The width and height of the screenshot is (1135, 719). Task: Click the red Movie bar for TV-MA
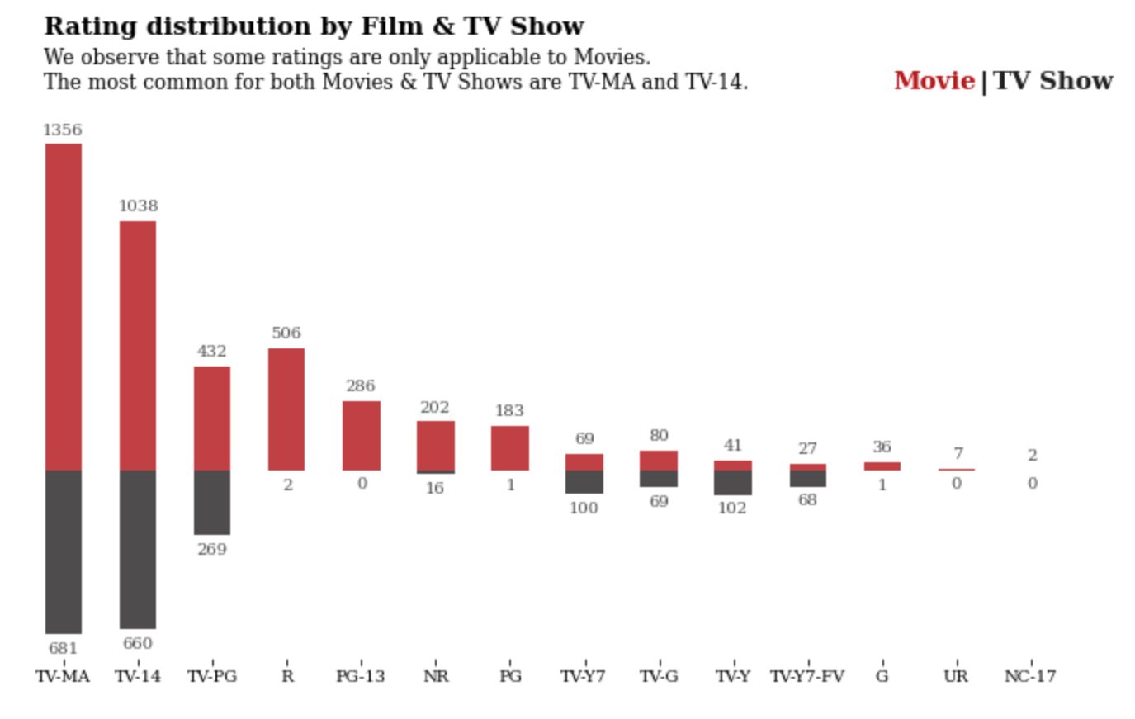pyautogui.click(x=64, y=306)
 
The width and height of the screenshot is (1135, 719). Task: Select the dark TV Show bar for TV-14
pyautogui.click(x=138, y=549)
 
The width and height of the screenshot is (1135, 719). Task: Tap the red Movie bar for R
pyautogui.click(x=286, y=409)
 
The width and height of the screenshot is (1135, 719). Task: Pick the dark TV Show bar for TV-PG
pyautogui.click(x=212, y=502)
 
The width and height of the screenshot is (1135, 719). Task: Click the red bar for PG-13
pyautogui.click(x=361, y=435)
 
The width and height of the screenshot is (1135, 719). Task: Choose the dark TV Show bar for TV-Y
pyautogui.click(x=732, y=482)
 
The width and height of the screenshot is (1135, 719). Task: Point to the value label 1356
pyautogui.click(x=63, y=130)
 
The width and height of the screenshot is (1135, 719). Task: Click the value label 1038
pyautogui.click(x=138, y=206)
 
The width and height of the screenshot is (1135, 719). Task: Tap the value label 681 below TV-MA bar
pyautogui.click(x=63, y=649)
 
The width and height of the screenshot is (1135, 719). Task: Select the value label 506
pyautogui.click(x=286, y=333)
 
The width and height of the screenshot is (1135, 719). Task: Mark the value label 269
pyautogui.click(x=212, y=550)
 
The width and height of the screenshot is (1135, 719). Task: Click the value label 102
pyautogui.click(x=732, y=509)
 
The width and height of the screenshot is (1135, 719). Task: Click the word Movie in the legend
pyautogui.click(x=934, y=81)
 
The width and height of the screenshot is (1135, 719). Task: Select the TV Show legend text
pyautogui.click(x=1052, y=81)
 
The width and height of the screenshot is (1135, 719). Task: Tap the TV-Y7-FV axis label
pyautogui.click(x=807, y=677)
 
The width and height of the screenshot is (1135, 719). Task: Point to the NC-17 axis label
pyautogui.click(x=1030, y=677)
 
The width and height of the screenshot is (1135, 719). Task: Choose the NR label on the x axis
pyautogui.click(x=436, y=677)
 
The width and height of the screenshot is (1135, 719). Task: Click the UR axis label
pyautogui.click(x=956, y=677)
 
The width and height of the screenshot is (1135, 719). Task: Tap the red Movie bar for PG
pyautogui.click(x=509, y=447)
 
